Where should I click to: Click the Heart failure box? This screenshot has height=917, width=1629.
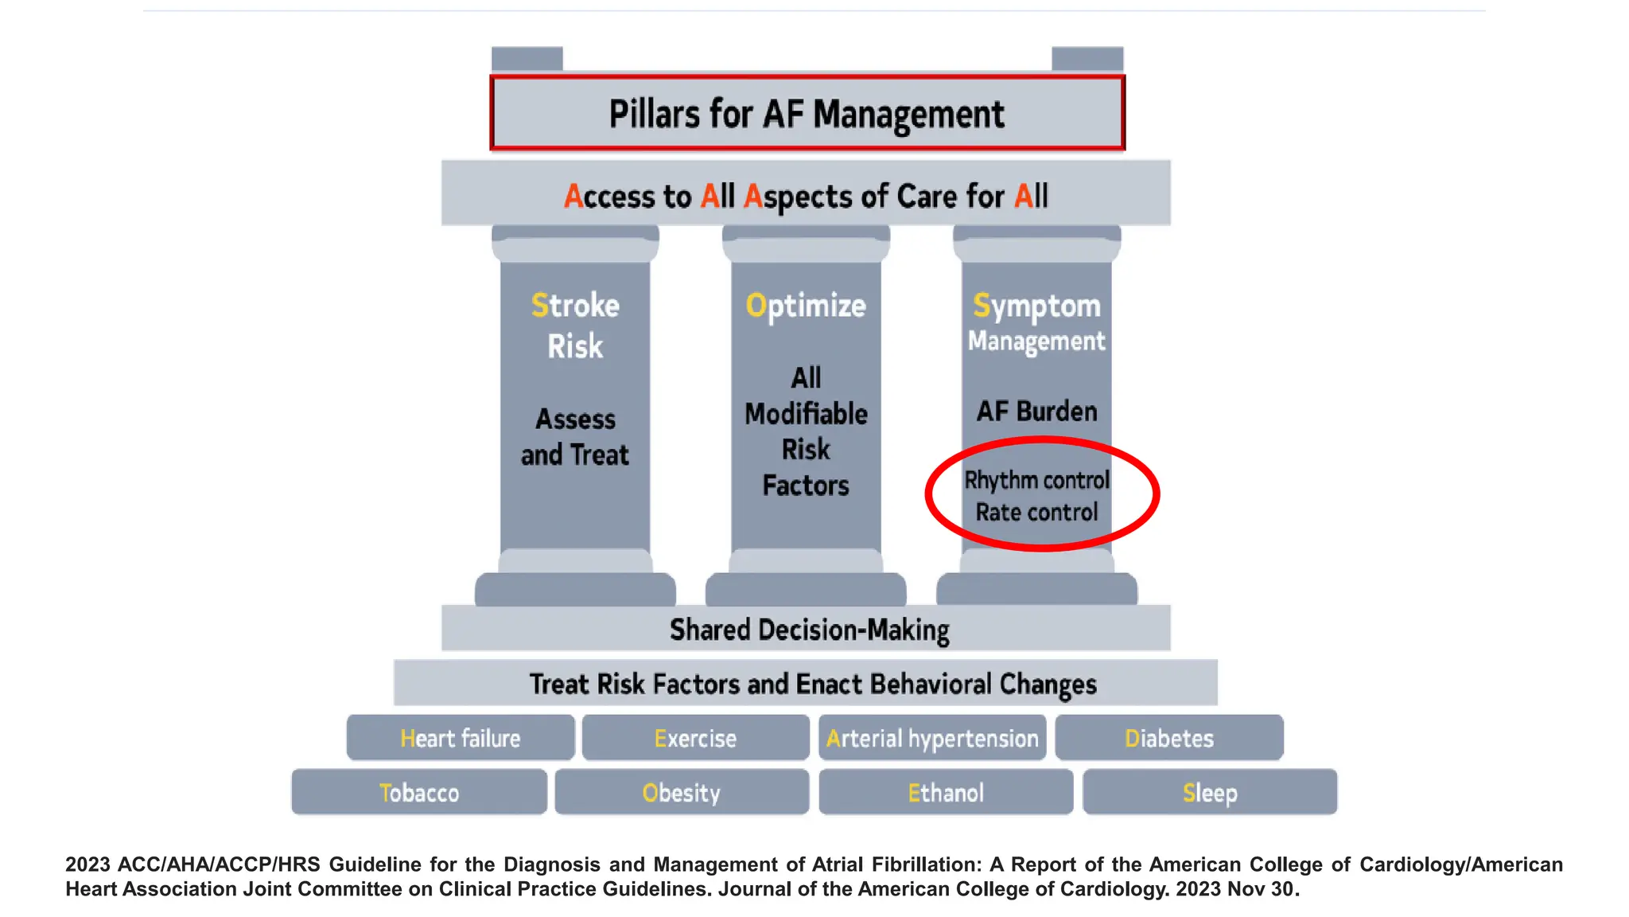[460, 738]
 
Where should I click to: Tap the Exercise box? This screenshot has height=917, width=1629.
[695, 738]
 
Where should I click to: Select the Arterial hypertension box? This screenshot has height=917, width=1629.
[932, 738]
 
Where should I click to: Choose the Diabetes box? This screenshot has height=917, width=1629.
[1168, 738]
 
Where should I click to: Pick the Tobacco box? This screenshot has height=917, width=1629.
[419, 792]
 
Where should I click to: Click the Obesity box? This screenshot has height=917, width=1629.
[682, 792]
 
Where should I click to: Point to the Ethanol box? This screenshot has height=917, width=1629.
[946, 792]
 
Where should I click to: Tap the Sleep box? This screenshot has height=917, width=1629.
[1210, 792]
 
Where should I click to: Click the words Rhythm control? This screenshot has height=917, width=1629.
[1036, 480]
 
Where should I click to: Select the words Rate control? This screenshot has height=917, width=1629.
[1036, 512]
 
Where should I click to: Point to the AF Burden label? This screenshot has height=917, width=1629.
[1036, 412]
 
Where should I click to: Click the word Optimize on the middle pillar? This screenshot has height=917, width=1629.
[806, 306]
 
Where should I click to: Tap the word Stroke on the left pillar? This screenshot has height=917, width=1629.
[575, 306]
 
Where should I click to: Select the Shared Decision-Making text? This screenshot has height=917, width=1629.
[809, 630]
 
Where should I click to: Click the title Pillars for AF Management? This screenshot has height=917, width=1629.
[807, 114]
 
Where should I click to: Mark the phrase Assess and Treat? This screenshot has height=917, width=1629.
[575, 437]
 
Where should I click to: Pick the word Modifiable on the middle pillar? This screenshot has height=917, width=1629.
[806, 414]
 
